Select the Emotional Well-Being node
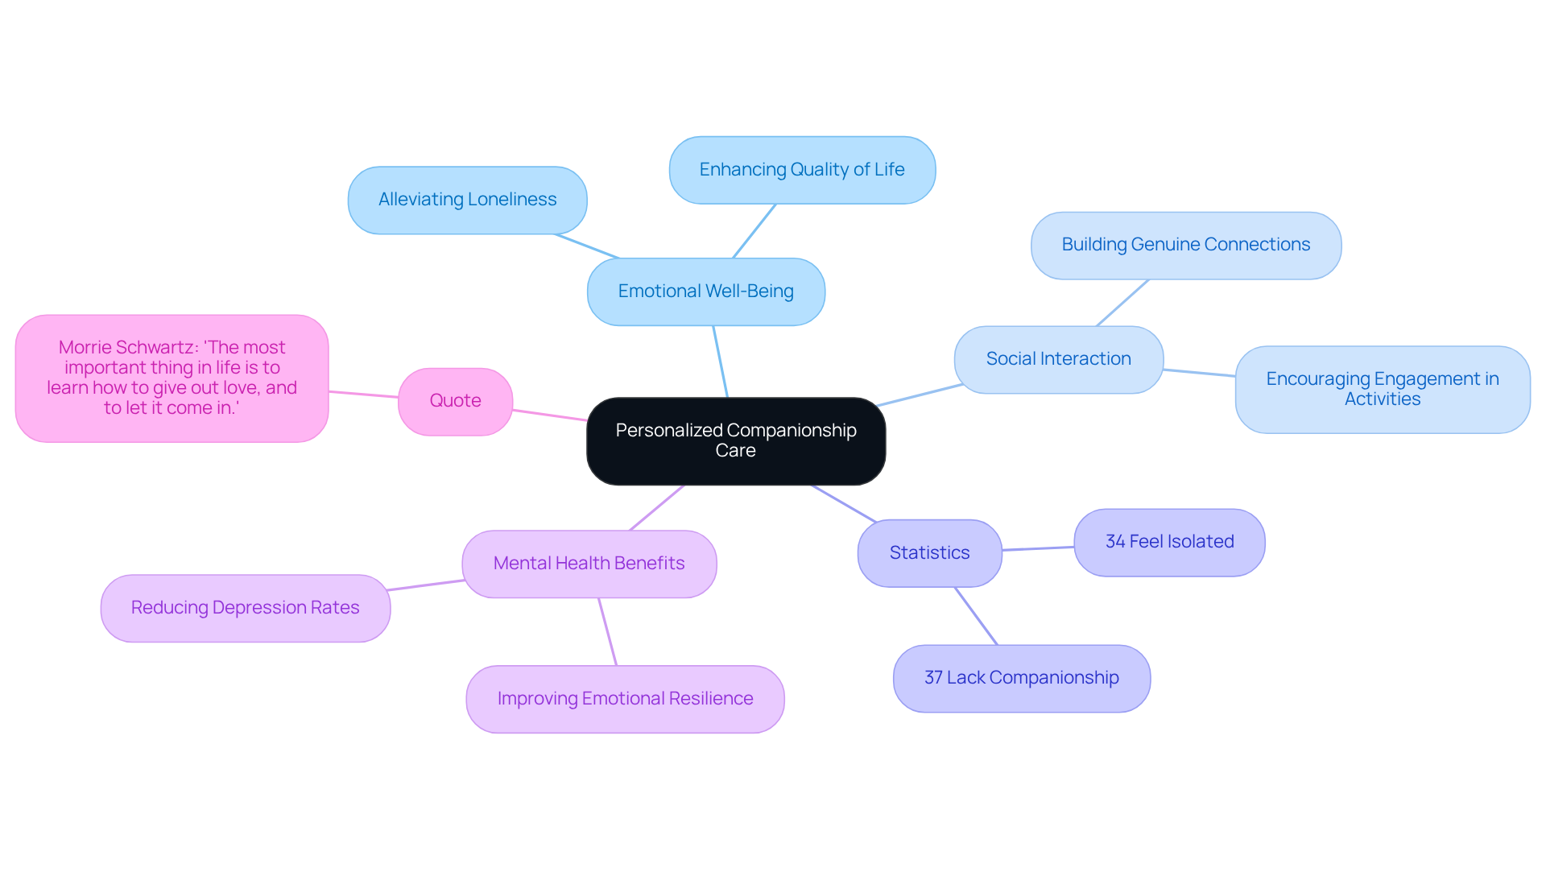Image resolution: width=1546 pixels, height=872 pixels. [x=705, y=291]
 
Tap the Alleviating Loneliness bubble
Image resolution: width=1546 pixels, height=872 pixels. [x=467, y=200]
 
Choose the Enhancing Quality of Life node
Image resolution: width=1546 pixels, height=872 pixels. [x=801, y=170]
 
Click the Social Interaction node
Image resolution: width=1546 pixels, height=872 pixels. [x=1058, y=359]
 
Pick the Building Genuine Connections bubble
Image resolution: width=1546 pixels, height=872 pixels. [x=1185, y=245]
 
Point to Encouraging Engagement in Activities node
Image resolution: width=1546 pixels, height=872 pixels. [x=1382, y=389]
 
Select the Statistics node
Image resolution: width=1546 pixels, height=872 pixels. [x=929, y=553]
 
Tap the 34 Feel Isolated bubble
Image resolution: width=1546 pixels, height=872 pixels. [x=1169, y=542]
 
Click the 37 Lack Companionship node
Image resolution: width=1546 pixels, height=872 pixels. [x=1021, y=678]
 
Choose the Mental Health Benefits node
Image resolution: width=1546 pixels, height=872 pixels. [x=589, y=564]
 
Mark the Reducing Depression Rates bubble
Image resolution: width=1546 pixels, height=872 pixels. [x=245, y=608]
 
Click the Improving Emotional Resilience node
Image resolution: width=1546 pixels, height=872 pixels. [x=625, y=699]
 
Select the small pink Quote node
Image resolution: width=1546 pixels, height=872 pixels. [x=455, y=401]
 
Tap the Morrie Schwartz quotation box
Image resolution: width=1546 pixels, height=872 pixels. [x=172, y=378]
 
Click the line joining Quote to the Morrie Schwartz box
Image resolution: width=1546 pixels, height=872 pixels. [x=363, y=395]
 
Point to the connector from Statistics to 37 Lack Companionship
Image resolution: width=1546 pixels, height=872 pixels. [x=976, y=616]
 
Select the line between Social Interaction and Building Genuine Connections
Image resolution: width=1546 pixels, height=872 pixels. [x=1122, y=303]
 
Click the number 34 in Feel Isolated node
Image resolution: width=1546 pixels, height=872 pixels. [x=1115, y=542]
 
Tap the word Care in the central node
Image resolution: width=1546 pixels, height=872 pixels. [x=735, y=451]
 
